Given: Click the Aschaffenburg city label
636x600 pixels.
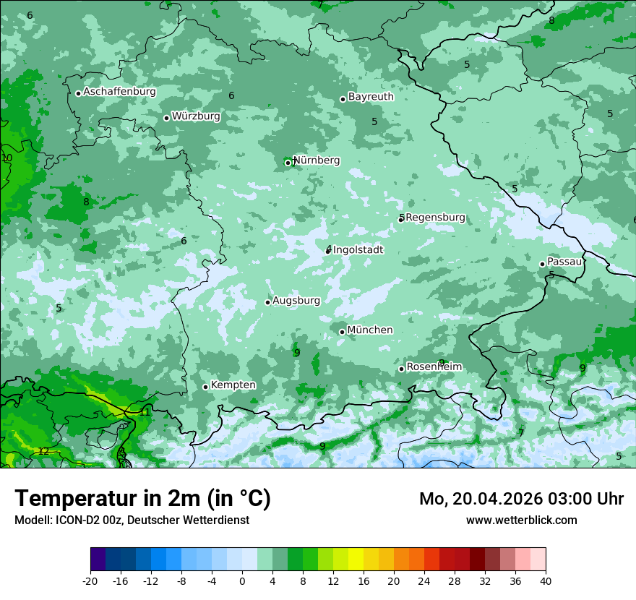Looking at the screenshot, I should pos(119,92).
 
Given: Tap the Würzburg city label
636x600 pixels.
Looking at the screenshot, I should pos(196,116).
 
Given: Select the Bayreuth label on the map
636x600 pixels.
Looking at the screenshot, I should pos(371,97).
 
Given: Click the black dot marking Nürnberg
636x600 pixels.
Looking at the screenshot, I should pos(288,163).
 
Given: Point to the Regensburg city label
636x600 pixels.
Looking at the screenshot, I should pos(435,218).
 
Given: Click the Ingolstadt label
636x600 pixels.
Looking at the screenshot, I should pos(358,250).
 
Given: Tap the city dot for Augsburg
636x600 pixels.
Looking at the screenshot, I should pos(267,302).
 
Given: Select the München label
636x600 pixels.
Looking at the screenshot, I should pos(370,330).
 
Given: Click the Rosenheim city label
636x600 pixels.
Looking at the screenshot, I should pos(434,367).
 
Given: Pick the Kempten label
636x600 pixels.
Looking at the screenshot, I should pos(233,385).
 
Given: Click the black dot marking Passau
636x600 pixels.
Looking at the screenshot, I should pos(542,264).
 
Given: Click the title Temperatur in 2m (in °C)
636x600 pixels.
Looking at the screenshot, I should pos(143,499).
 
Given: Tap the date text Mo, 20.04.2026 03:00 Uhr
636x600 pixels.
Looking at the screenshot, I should pos(521,499).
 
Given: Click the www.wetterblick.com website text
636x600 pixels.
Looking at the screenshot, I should pos(521,520).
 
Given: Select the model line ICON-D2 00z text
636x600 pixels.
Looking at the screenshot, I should pos(132,520).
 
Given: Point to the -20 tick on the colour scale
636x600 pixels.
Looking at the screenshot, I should pos(90,581).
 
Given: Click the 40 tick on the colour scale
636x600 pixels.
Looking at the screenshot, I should pos(546,581).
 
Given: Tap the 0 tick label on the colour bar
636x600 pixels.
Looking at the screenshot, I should pos(242,581).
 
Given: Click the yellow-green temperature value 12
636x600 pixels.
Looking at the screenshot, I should pos(43,451).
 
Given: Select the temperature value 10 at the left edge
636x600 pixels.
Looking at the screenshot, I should pos(7,158).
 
